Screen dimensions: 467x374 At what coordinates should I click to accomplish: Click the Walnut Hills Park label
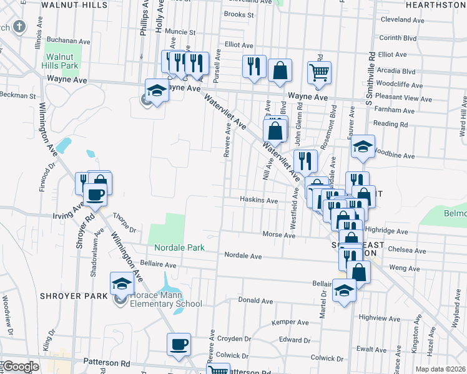(x=61, y=60)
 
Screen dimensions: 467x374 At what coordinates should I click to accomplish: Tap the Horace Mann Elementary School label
(x=166, y=299)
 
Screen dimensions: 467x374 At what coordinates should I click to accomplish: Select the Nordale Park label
(x=180, y=247)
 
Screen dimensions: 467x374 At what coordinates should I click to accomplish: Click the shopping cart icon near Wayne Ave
(x=319, y=72)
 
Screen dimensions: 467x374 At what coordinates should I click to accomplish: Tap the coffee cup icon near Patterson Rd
(x=179, y=344)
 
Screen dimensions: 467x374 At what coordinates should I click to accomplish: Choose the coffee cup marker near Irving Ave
(x=95, y=194)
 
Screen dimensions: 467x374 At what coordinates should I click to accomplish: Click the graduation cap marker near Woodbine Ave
(x=362, y=147)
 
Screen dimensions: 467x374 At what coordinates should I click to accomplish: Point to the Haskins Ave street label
(x=259, y=201)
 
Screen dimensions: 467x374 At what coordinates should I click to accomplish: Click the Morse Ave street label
(x=278, y=235)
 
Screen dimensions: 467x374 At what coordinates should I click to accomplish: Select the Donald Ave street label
(x=255, y=300)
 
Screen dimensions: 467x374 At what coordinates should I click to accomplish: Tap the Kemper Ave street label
(x=290, y=322)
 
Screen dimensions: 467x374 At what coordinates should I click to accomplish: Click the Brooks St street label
(x=238, y=14)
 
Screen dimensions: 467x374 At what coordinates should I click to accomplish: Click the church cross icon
(x=19, y=27)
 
